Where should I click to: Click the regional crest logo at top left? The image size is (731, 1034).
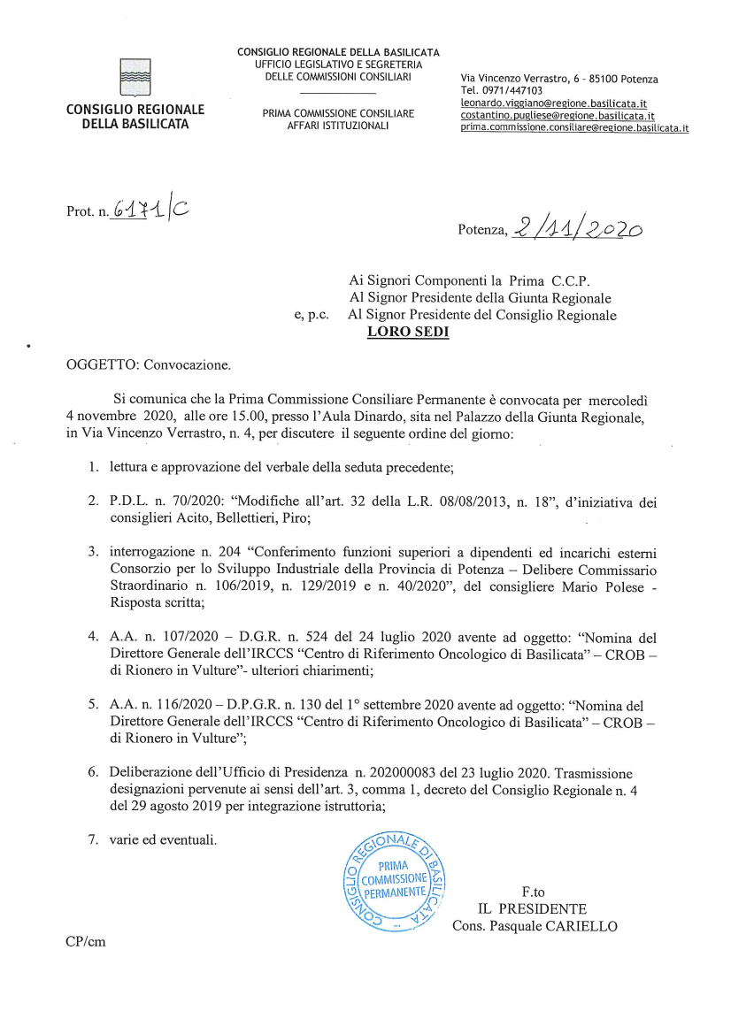click(135, 78)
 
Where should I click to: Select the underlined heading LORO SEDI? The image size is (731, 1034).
click(408, 332)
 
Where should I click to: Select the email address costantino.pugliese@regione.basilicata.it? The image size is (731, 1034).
click(558, 115)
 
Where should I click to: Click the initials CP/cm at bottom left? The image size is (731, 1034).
click(85, 941)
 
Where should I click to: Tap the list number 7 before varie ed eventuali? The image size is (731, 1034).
click(92, 838)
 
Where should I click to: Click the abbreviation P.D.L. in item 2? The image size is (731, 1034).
click(129, 502)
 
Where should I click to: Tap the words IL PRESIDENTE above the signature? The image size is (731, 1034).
click(532, 908)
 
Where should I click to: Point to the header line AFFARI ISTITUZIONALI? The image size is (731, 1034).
click(339, 126)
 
